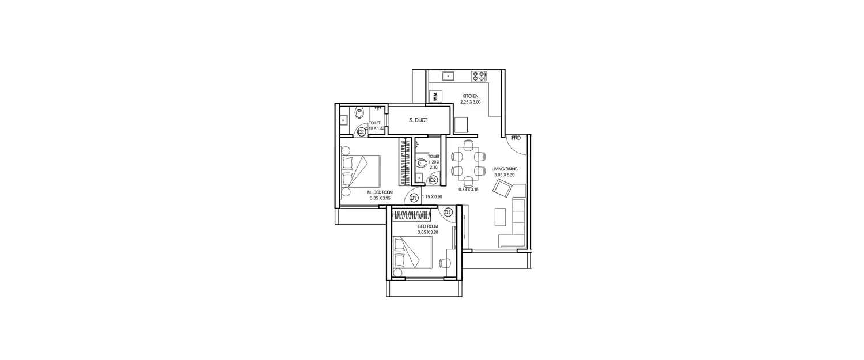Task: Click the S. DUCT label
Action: [418, 120]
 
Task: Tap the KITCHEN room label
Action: [471, 96]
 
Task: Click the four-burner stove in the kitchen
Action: [479, 75]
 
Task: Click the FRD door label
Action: [516, 138]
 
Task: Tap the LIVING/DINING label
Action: [505, 169]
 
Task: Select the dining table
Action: [467, 163]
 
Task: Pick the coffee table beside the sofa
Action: [500, 217]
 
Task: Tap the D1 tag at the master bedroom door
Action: [413, 198]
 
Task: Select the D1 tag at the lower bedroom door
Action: [448, 212]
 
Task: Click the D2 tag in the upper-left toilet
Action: [361, 131]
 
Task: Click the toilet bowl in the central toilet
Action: [421, 162]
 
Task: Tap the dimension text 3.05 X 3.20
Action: [429, 232]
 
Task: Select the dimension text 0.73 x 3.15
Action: [469, 189]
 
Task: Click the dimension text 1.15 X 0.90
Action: [432, 197]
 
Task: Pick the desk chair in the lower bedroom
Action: [444, 263]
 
